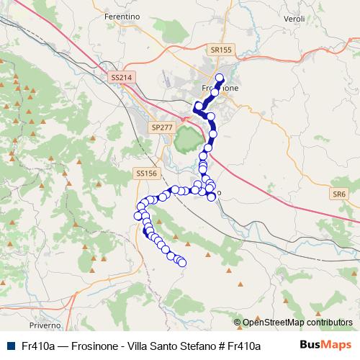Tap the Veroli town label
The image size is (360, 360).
[x=296, y=17]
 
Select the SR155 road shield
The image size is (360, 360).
[x=222, y=50]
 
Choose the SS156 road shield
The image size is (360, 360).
[x=145, y=174]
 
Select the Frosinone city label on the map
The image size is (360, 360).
[x=220, y=88]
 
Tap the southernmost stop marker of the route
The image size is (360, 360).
[x=181, y=263]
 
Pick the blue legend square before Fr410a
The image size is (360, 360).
[x=10, y=346]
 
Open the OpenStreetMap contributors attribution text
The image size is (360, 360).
[x=297, y=323]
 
